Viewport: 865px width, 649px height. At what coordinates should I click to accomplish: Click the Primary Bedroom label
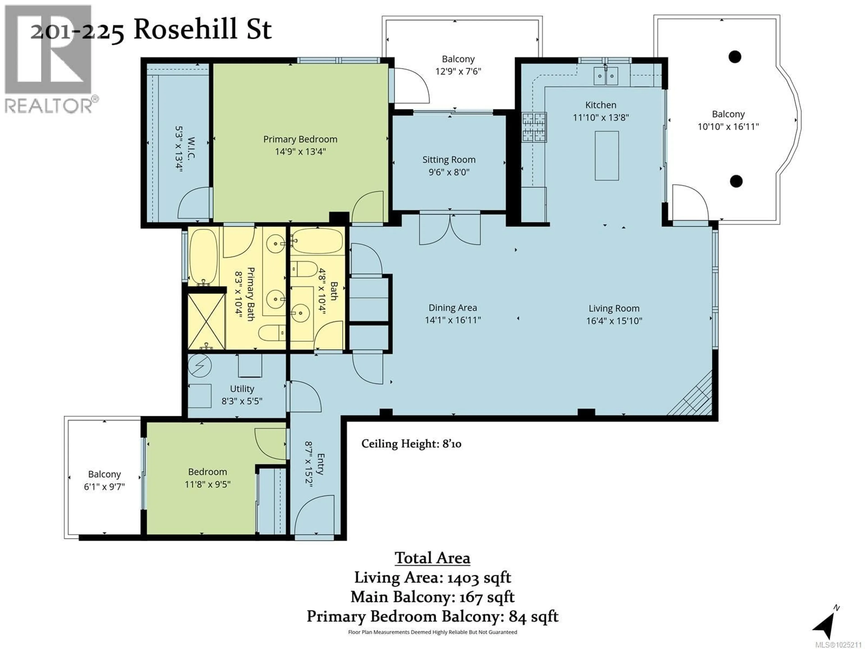coord(300,139)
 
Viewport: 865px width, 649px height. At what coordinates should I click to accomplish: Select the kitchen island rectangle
coord(607,156)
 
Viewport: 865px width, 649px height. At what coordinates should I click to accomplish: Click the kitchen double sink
coord(606,76)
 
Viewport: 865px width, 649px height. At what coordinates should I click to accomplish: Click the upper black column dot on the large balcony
coord(735,57)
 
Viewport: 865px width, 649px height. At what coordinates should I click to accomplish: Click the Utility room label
coord(242,389)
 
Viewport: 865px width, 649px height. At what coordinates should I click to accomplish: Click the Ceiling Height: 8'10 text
coord(411,444)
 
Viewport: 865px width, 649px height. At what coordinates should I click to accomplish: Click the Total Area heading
coord(432,558)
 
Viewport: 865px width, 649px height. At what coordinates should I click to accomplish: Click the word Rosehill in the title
coord(185,30)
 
